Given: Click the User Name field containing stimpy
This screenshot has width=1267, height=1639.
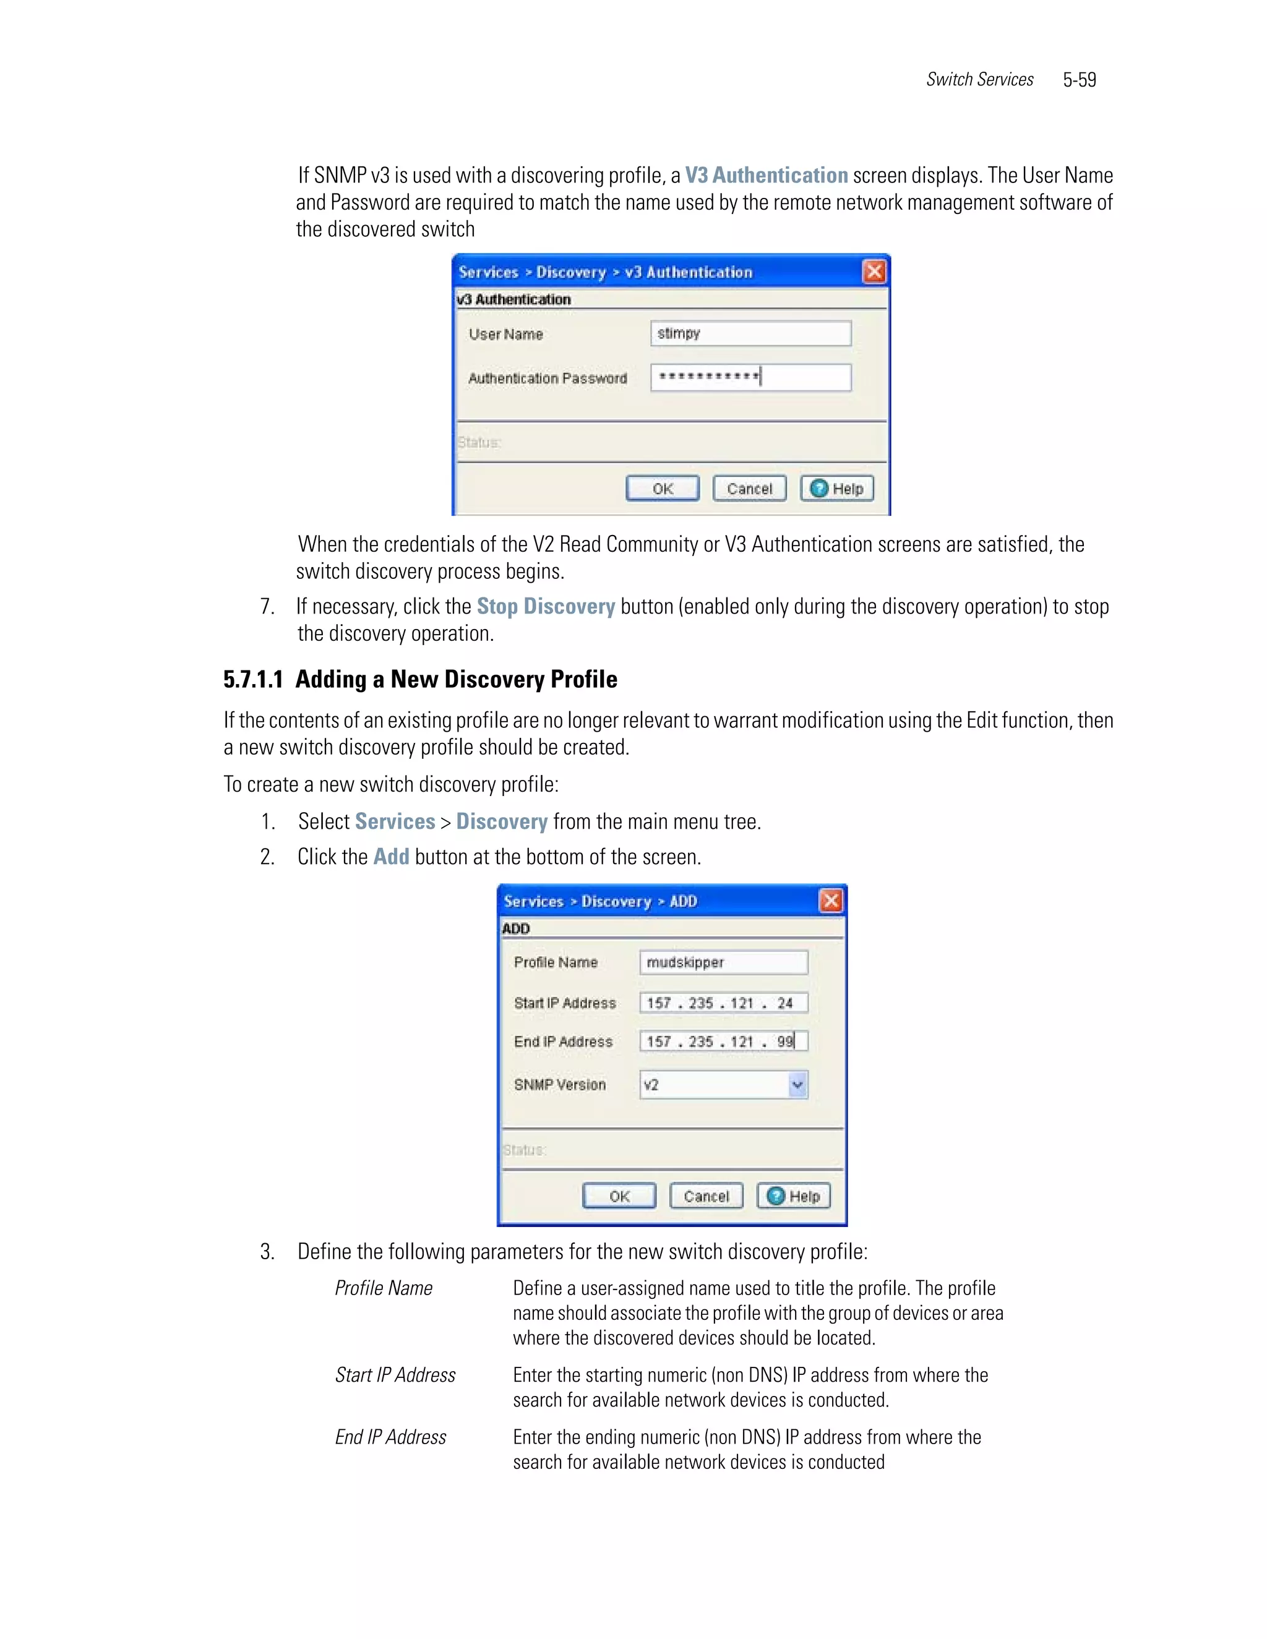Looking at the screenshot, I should [750, 333].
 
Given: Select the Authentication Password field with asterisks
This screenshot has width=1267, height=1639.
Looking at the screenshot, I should [750, 377].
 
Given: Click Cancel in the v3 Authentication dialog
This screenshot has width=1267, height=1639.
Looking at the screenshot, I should [749, 489].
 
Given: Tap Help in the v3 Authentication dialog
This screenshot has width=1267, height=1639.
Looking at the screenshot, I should [836, 489].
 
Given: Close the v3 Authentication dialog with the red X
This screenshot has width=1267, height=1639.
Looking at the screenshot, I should [874, 272].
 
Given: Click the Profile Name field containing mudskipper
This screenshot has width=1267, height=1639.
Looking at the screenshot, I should [723, 962].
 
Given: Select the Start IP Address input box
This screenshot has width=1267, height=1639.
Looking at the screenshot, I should [723, 1003].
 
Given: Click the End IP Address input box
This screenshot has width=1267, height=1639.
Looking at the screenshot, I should [723, 1041].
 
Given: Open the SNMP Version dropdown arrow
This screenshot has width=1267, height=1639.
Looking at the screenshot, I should [797, 1084].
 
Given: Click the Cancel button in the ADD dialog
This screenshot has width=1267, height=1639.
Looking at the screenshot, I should [705, 1196].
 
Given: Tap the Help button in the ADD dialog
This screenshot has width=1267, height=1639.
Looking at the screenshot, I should [793, 1196].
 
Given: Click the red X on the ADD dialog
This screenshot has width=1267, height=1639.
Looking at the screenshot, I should [830, 901].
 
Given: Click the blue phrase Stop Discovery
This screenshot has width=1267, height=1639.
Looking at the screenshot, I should [545, 606].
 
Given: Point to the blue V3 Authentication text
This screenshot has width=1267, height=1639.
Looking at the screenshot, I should [766, 175].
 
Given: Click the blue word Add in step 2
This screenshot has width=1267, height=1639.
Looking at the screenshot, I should [391, 856].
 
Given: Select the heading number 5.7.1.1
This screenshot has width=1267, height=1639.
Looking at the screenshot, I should [253, 679].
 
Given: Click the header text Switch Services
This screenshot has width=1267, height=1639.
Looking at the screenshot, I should [979, 80].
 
